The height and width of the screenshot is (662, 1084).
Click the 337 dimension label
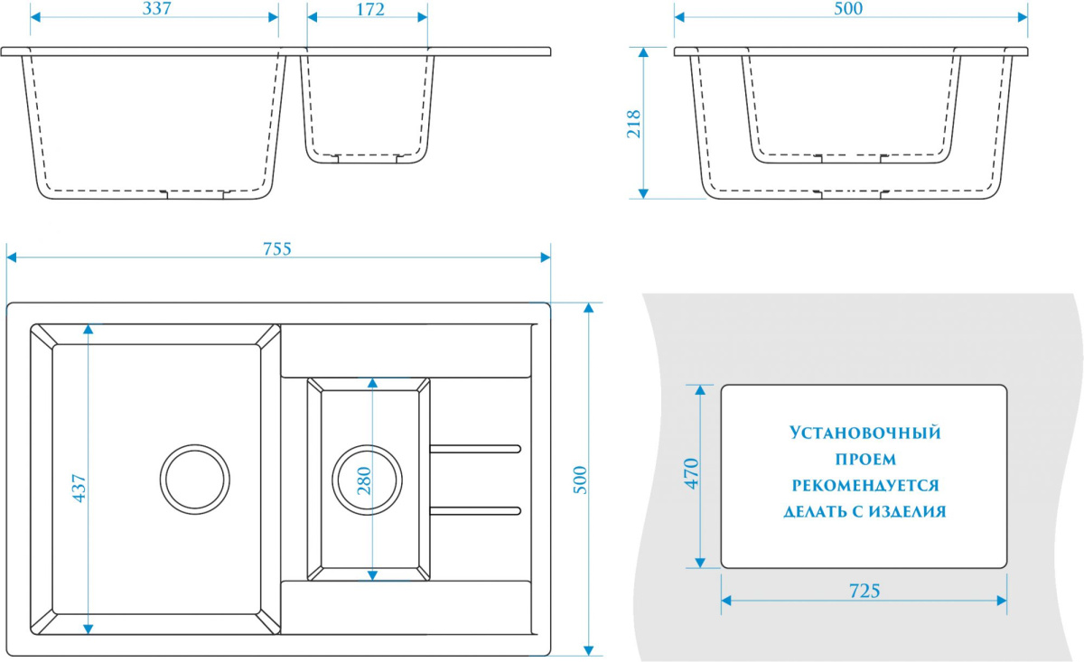157,9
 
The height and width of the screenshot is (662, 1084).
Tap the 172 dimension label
370,9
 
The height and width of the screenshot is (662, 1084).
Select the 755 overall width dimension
277,248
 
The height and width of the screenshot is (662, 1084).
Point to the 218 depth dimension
634,124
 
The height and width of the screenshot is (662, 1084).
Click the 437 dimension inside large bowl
79,489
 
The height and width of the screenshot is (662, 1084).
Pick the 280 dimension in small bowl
364,480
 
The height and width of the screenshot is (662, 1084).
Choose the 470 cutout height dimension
692,474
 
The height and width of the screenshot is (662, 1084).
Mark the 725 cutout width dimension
864,591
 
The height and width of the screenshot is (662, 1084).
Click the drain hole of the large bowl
195,480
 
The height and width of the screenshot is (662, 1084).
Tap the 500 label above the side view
848,9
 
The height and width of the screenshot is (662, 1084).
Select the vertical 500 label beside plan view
580,480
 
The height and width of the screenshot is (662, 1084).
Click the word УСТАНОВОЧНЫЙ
864,433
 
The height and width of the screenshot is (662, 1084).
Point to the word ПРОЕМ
865,459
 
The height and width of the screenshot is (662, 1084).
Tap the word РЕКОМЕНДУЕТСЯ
865,485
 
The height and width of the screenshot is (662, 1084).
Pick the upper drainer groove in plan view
475,449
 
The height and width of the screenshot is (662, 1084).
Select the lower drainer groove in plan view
475,510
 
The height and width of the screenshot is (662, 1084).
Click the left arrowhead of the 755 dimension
12,257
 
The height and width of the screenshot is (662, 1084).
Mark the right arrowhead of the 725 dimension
1002,601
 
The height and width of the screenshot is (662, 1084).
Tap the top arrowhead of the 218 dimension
643,52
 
